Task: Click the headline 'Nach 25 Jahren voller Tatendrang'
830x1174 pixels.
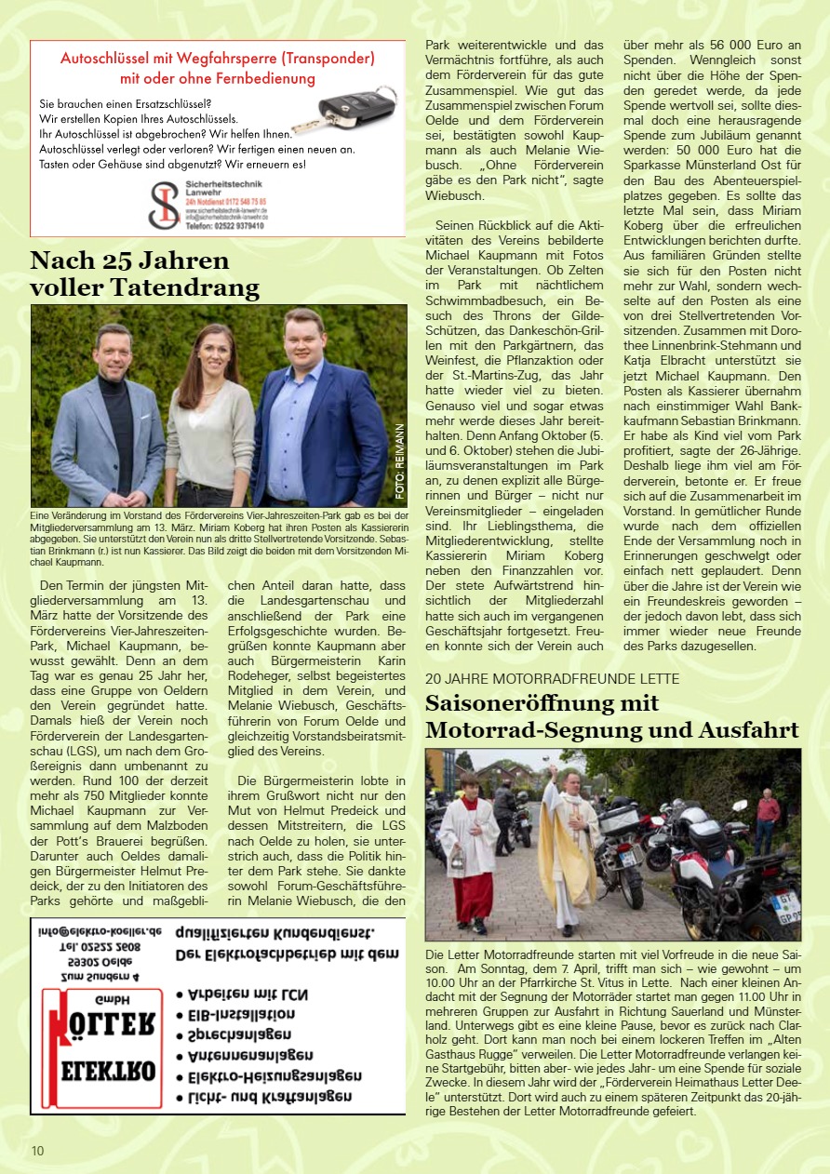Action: pyautogui.click(x=145, y=273)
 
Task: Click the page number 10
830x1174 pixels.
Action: pyautogui.click(x=37, y=1151)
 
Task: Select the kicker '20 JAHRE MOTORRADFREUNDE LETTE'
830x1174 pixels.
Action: pyautogui.click(x=553, y=678)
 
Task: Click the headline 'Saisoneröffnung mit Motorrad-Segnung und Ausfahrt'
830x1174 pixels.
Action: pyautogui.click(x=612, y=716)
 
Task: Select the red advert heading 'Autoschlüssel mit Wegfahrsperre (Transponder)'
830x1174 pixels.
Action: pyautogui.click(x=218, y=58)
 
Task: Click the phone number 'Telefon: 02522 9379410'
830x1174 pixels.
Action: pyautogui.click(x=224, y=225)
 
